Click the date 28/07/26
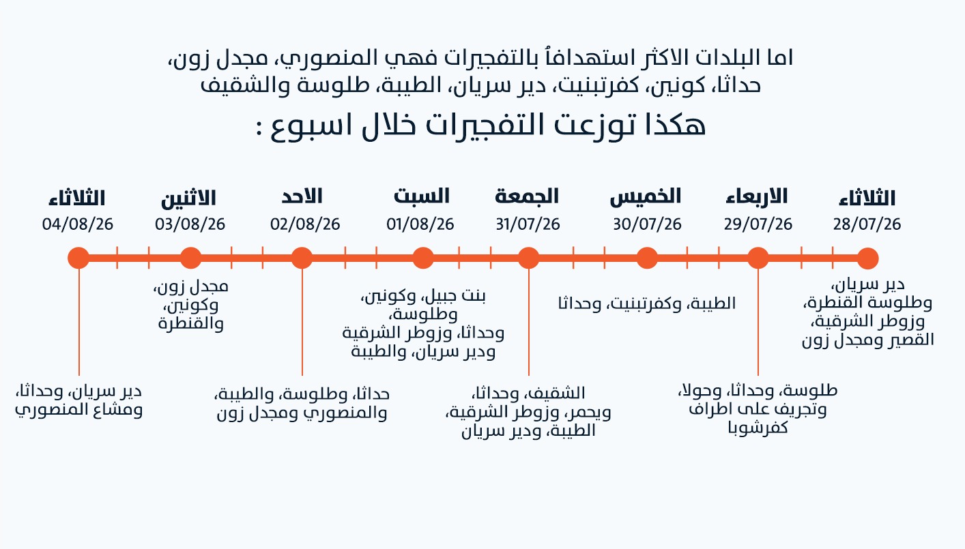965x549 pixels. [x=867, y=224]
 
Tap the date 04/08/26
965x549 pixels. [x=78, y=224]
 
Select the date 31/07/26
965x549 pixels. [x=528, y=224]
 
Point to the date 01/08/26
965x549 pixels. [x=420, y=224]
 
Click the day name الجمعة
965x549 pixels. [x=526, y=196]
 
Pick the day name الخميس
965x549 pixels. [x=646, y=196]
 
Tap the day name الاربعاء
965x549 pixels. [x=756, y=196]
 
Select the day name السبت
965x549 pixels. [x=421, y=196]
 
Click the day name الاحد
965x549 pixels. [x=302, y=196]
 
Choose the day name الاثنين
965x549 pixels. [x=188, y=198]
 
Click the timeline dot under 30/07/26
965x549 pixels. [x=647, y=258]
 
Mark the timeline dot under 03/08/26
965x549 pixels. [x=191, y=258]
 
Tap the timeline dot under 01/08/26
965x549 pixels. [x=423, y=258]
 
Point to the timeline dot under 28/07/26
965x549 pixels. [x=867, y=258]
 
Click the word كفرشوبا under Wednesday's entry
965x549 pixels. [x=758, y=428]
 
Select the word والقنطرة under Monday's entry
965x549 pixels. [x=191, y=323]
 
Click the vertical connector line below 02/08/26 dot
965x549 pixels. [x=302, y=322]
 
